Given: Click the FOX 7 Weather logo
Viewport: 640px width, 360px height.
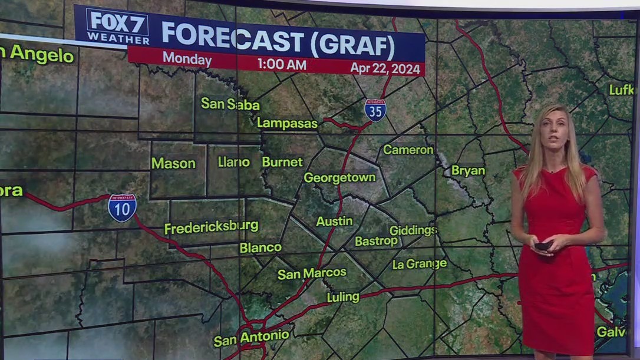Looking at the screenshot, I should pyautogui.click(x=117, y=27).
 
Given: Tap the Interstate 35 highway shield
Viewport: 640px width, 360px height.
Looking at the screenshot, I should pyautogui.click(x=375, y=110).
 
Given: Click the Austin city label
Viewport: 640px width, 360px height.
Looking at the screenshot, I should pyautogui.click(x=334, y=222).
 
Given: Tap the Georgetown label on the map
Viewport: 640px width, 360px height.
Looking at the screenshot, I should pyautogui.click(x=339, y=177).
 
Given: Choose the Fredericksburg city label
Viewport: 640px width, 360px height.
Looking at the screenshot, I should pyautogui.click(x=211, y=227).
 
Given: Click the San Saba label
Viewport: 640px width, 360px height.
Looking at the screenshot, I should pyautogui.click(x=230, y=104).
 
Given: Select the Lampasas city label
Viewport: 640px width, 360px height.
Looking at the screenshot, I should pyautogui.click(x=287, y=123).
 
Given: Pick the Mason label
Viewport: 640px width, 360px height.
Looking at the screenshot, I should pyautogui.click(x=173, y=163).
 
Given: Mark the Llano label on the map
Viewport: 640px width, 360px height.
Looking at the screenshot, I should pyautogui.click(x=233, y=161).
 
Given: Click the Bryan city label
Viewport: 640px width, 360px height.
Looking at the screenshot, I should pyautogui.click(x=468, y=171).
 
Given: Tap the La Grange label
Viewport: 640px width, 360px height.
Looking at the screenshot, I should pyautogui.click(x=419, y=264).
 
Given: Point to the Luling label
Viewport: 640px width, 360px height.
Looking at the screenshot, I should pyautogui.click(x=343, y=297).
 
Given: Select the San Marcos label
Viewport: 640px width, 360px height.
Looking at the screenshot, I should pyautogui.click(x=312, y=273).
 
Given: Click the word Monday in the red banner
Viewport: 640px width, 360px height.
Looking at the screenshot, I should pyautogui.click(x=187, y=59).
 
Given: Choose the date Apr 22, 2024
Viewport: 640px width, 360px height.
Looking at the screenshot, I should pyautogui.click(x=385, y=68).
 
